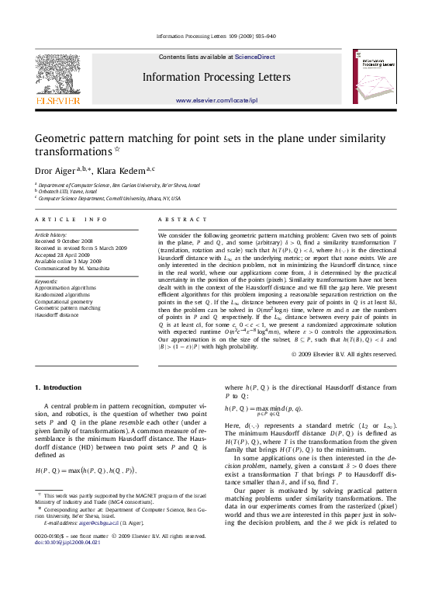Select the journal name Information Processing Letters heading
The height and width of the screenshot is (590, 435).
click(216, 78)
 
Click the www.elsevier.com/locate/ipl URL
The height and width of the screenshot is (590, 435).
click(216, 100)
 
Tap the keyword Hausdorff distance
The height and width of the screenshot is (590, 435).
click(57, 314)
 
